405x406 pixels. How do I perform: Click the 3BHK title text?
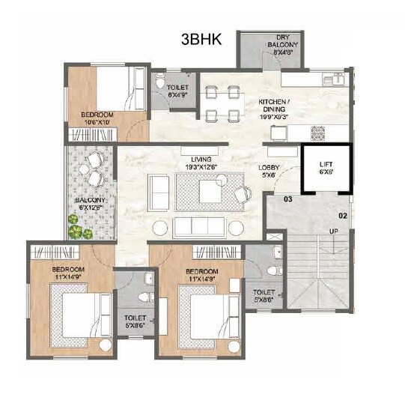point(201,39)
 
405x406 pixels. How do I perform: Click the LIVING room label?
point(201,164)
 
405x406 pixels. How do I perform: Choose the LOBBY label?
point(269,172)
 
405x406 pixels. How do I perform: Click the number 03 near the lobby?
point(287,200)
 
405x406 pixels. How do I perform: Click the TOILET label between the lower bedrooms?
point(135,321)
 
